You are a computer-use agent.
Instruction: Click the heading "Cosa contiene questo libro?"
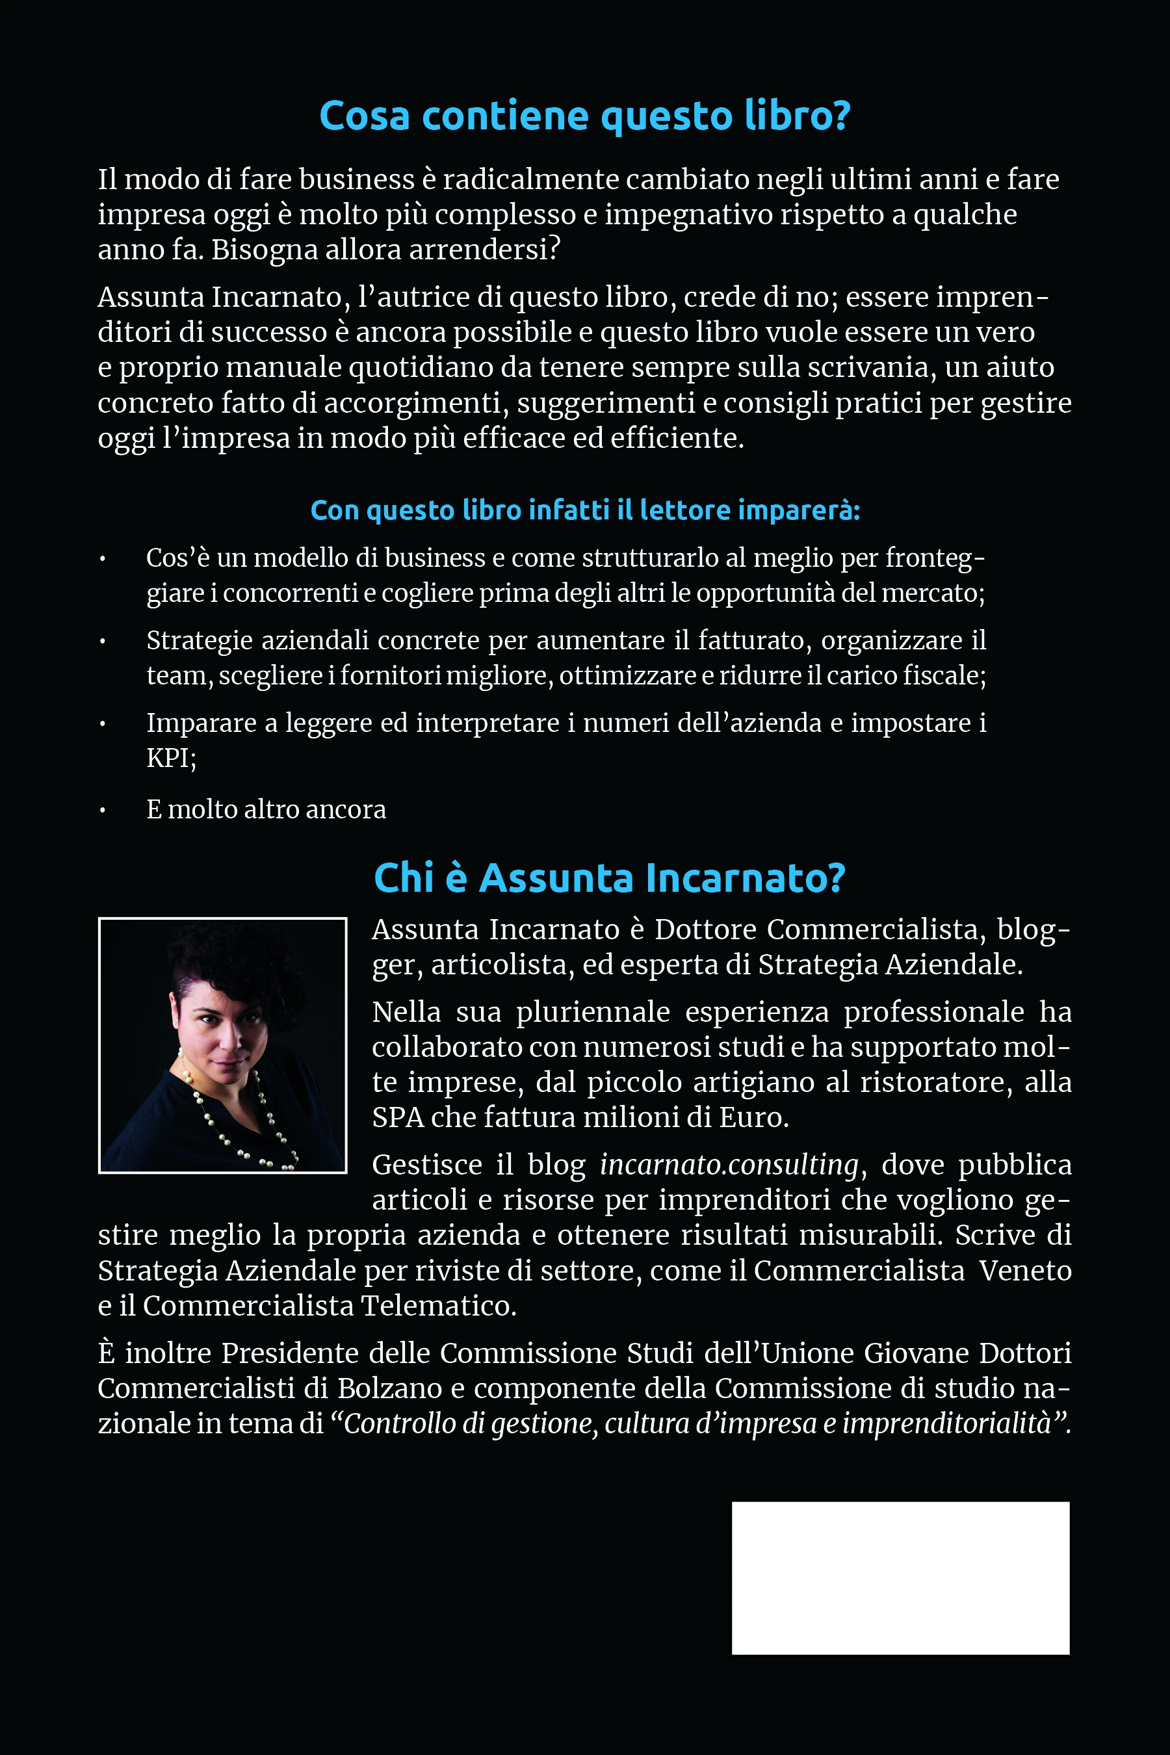click(584, 116)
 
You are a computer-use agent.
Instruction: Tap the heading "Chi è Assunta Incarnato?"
click(609, 877)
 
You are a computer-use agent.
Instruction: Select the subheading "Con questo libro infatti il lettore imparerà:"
click(585, 510)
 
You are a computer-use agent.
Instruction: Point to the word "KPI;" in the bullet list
click(171, 758)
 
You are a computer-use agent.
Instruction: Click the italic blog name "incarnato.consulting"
click(729, 1165)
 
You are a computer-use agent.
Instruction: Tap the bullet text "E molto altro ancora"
click(266, 810)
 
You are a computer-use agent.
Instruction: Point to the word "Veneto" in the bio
click(1025, 1271)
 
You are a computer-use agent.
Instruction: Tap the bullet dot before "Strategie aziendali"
click(102, 641)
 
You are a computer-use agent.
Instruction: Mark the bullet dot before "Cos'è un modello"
click(102, 559)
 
